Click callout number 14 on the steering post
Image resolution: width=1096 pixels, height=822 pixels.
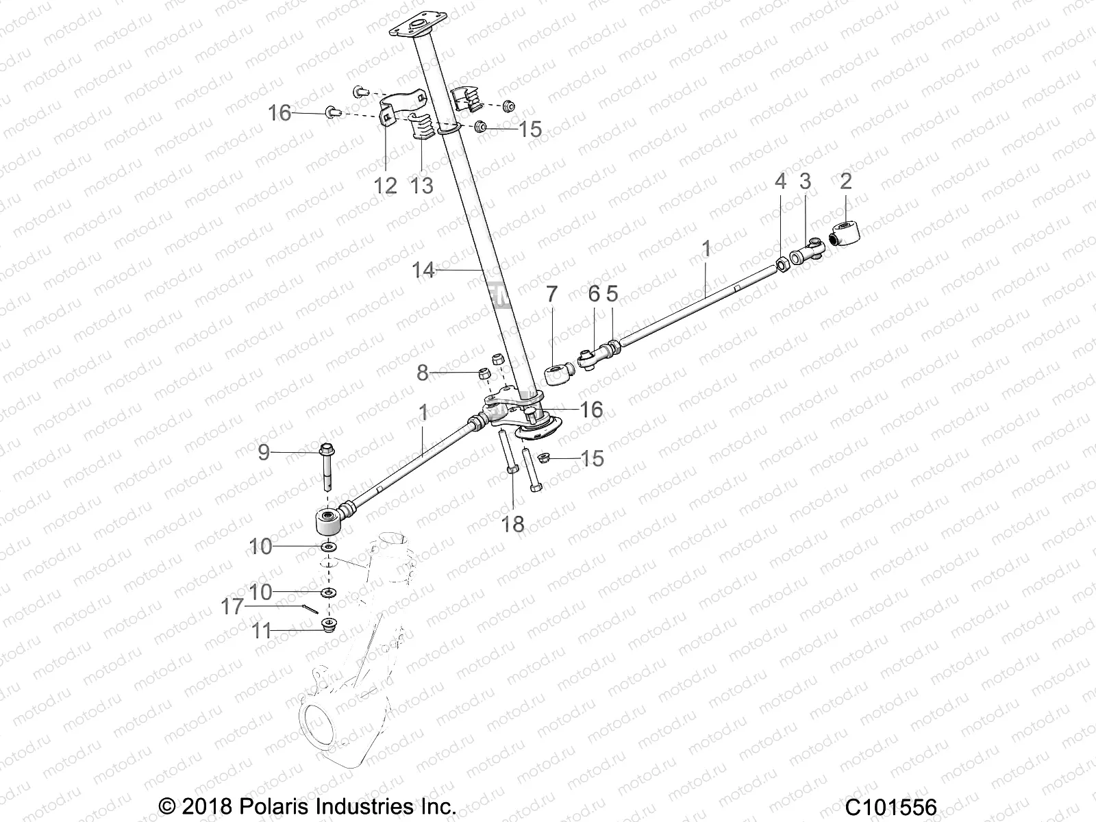tap(423, 271)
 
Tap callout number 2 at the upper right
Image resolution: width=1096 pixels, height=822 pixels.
tap(846, 182)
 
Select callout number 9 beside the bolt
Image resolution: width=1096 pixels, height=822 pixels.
tap(263, 452)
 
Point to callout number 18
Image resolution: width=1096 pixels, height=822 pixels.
tap(512, 524)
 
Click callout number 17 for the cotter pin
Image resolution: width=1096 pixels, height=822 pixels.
tap(232, 607)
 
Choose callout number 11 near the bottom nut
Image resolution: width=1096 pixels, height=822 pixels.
tap(261, 630)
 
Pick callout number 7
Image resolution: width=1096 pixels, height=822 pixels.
tap(552, 295)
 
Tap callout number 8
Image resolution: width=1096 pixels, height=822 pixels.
tap(423, 373)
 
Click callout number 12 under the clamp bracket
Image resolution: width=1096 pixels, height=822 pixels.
tap(386, 185)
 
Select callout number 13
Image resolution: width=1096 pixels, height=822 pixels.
tap(423, 185)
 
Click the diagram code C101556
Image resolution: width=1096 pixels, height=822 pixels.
tap(891, 806)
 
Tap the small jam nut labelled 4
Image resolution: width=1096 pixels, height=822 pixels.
tap(781, 264)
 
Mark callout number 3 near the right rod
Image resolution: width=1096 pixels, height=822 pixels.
tap(805, 182)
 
